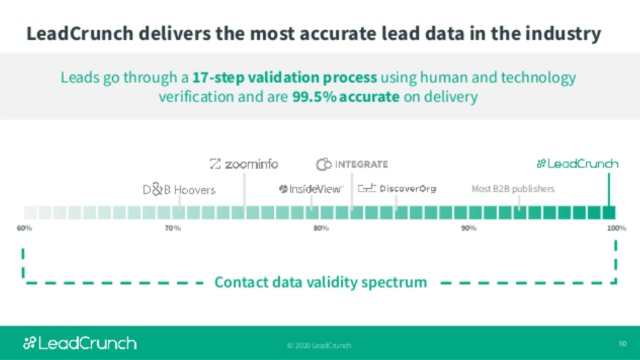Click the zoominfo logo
[244, 164]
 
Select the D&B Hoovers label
[179, 190]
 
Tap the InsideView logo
[311, 189]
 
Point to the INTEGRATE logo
[352, 164]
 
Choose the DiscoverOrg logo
[397, 189]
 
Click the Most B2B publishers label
[513, 189]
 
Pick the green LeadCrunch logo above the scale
[577, 164]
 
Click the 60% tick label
[25, 228]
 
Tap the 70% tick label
[172, 228]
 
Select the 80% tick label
[321, 228]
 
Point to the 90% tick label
[469, 228]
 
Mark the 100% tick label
[617, 228]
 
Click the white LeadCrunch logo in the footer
[80, 344]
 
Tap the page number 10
[622, 344]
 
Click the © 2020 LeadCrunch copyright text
[319, 345]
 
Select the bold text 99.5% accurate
[346, 97]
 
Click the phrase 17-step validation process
[285, 77]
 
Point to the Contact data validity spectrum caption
[321, 282]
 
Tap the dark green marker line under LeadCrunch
[609, 190]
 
